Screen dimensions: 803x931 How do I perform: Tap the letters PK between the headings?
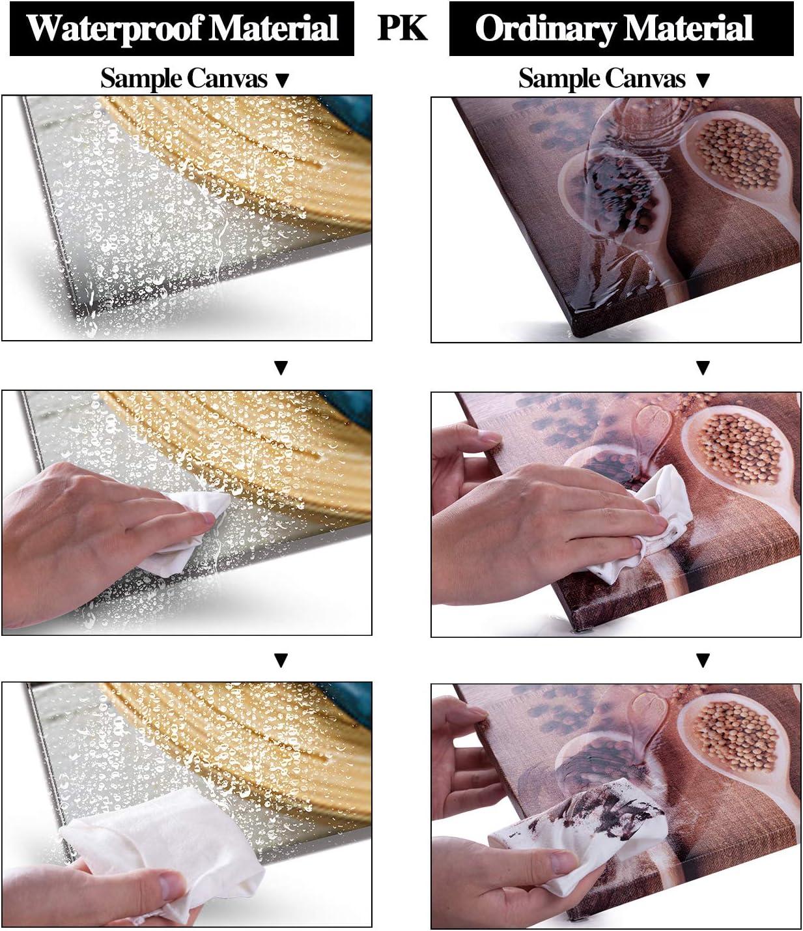[x=402, y=28]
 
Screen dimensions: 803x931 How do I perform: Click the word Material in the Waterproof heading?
[x=270, y=28]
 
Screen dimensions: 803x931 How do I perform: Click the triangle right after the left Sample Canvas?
[x=281, y=81]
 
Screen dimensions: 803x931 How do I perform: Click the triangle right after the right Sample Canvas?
[x=703, y=81]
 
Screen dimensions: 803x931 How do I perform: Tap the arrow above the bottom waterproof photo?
[x=281, y=661]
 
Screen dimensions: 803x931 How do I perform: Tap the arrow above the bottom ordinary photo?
[x=703, y=661]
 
